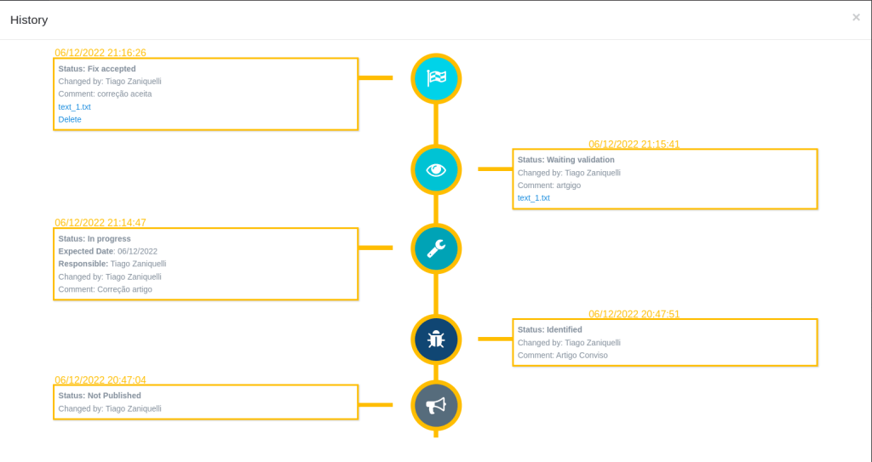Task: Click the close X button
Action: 856,17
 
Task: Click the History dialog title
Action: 29,20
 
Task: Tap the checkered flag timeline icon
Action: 436,78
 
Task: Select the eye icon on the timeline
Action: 436,169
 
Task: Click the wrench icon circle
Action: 436,248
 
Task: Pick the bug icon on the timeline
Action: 436,339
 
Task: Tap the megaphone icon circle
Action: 436,405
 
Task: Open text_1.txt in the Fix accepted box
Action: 75,106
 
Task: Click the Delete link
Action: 70,119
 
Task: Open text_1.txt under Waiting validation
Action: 534,198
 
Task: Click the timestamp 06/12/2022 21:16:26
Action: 100,53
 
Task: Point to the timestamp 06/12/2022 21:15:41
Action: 634,144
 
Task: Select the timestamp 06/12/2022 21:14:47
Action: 100,222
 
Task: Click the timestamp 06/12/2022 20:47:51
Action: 634,314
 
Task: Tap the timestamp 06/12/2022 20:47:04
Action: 100,379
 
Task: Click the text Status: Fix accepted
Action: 97,69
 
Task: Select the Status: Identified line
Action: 550,329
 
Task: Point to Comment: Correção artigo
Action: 105,289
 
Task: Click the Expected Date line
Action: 108,251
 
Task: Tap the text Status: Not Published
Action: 100,396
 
